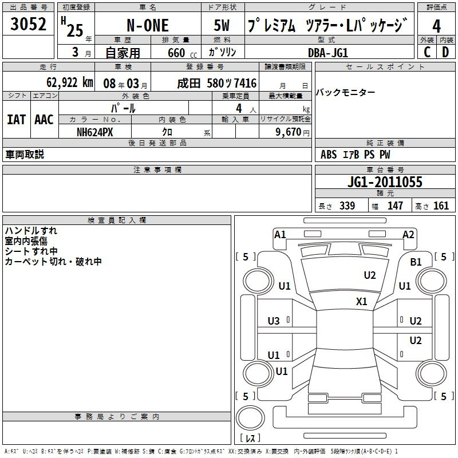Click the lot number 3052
pos(28,24)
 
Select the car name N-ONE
pos(148,25)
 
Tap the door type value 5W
pos(222,25)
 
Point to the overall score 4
pos(436,26)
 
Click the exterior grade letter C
pos(427,52)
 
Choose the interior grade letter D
pos(445,52)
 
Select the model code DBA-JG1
pos(328,53)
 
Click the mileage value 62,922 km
pos(70,82)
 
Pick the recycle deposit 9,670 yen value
pos(293,132)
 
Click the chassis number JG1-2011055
pos(385,182)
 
